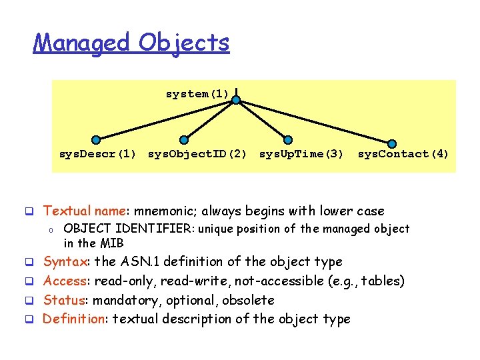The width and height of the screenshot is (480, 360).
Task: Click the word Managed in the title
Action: (x=82, y=43)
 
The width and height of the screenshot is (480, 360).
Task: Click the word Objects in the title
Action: (x=185, y=43)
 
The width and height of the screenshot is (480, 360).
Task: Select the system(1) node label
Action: (x=197, y=94)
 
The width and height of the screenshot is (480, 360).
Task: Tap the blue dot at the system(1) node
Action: (x=236, y=99)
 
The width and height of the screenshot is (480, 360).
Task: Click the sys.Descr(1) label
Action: (x=97, y=154)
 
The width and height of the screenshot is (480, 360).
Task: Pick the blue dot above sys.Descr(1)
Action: (x=97, y=140)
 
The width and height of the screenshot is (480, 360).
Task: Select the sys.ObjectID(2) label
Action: (x=197, y=154)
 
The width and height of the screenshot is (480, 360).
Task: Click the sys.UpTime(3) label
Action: (x=301, y=154)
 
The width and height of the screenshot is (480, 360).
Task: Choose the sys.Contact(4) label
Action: (x=403, y=154)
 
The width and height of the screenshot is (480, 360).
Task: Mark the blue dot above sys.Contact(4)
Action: (x=392, y=142)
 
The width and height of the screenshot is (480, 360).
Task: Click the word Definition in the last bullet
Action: (x=73, y=319)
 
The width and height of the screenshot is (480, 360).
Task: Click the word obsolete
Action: (x=248, y=300)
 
